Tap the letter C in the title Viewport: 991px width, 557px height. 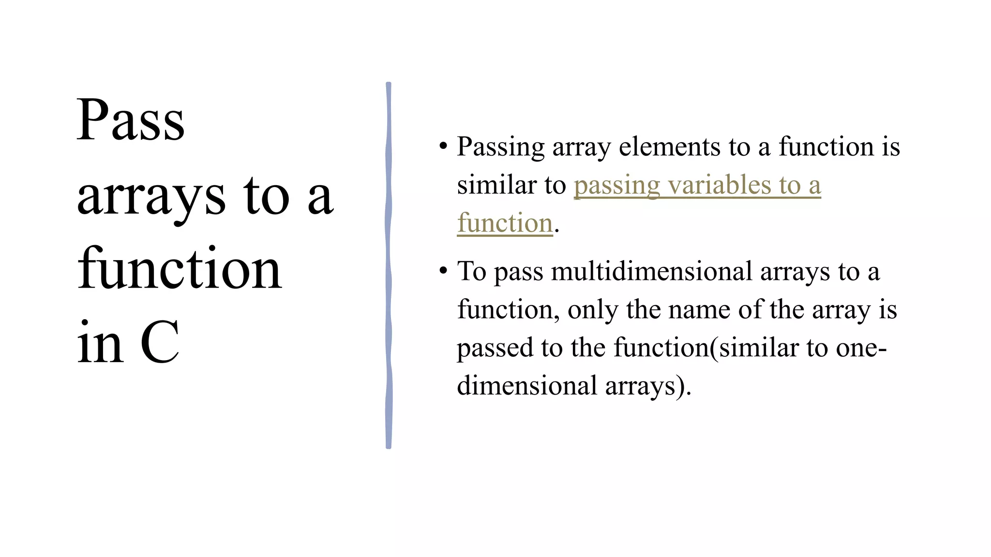(160, 343)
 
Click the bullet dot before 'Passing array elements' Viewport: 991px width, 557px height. (443, 146)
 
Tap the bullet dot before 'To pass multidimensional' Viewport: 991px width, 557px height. (443, 270)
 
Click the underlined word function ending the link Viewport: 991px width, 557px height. (505, 223)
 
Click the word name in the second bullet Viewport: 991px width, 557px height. (699, 309)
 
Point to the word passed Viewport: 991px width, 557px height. (495, 348)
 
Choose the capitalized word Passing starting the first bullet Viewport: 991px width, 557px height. (501, 147)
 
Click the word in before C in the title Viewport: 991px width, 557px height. (100, 343)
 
